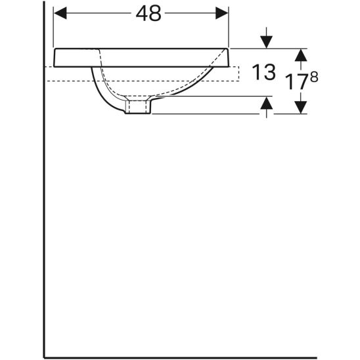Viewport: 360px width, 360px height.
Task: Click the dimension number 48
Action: (148, 14)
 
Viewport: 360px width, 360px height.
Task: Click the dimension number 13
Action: (263, 72)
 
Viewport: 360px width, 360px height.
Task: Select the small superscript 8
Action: (314, 77)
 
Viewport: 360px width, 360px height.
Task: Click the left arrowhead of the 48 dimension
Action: (60, 13)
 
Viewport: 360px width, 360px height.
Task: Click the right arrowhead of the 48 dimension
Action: (222, 13)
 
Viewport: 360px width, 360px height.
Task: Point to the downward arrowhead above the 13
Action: (266, 42)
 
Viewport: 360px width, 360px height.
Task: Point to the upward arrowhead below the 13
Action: (266, 103)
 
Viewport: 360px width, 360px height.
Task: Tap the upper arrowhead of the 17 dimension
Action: (301, 55)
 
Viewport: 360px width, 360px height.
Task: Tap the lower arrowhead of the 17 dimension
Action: (301, 108)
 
